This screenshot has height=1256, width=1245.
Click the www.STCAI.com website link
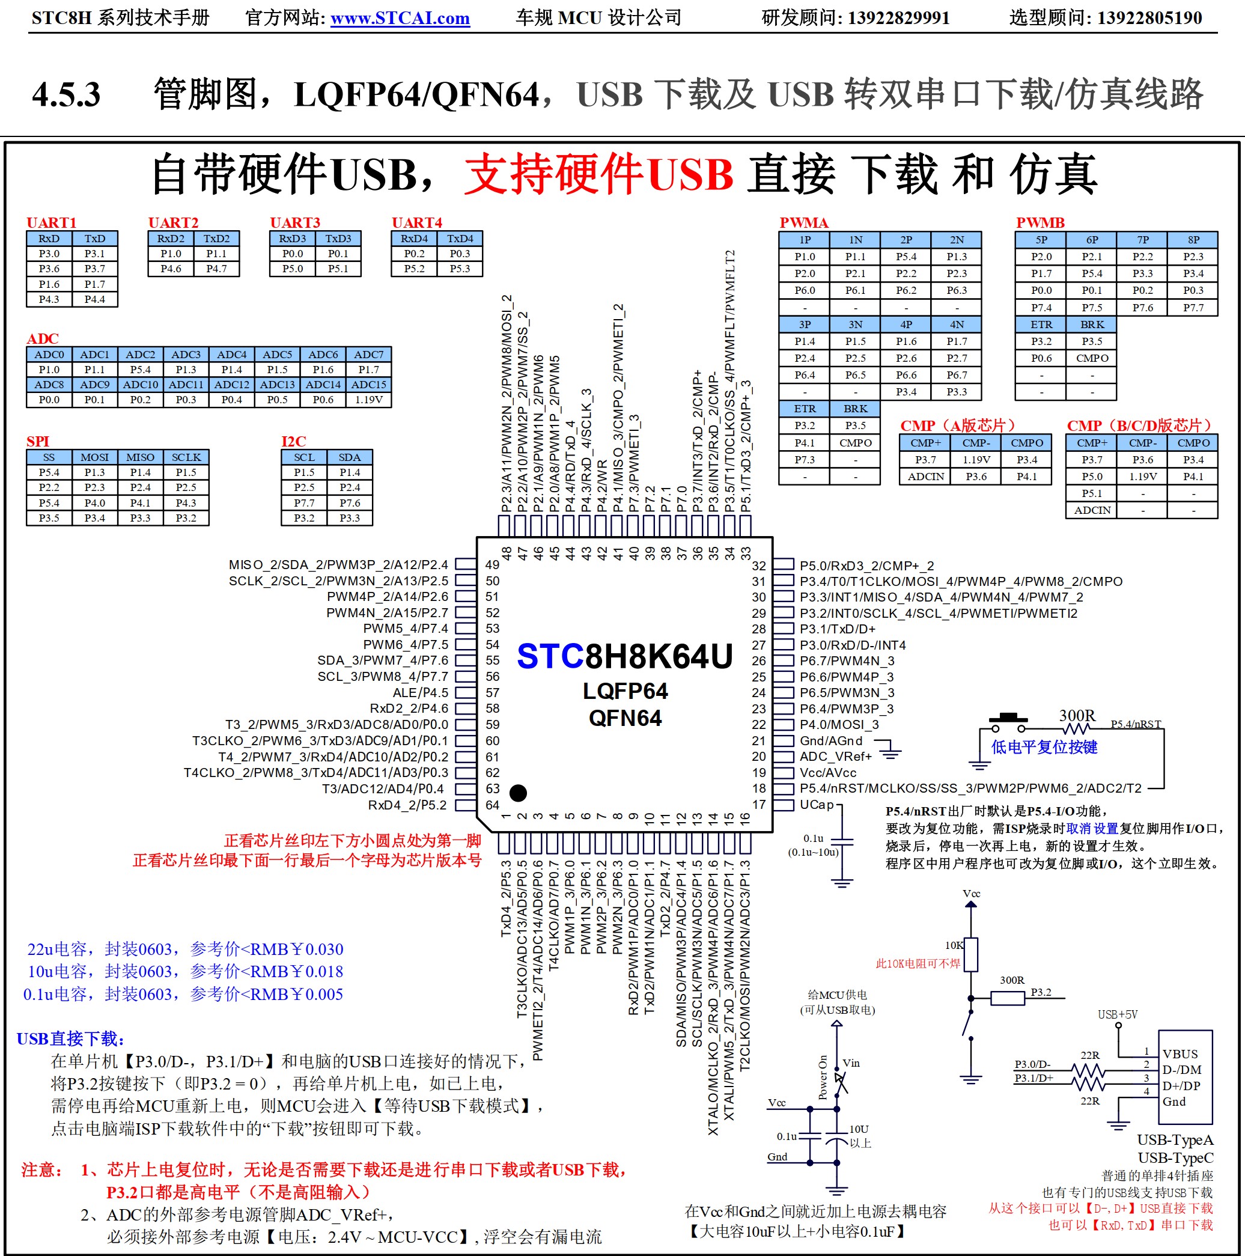click(x=400, y=18)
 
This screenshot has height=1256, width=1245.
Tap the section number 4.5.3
click(x=65, y=94)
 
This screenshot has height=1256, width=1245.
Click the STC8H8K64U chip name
click(x=624, y=656)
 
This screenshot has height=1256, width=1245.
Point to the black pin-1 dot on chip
click(x=518, y=793)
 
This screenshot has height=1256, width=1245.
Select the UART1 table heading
click(x=51, y=222)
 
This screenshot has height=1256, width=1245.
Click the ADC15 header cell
click(x=368, y=385)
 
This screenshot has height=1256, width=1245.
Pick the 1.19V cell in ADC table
click(x=368, y=400)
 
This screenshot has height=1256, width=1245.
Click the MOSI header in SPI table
click(x=95, y=457)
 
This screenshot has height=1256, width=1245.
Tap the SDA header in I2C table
click(x=349, y=457)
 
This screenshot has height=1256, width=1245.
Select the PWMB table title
click(x=1040, y=222)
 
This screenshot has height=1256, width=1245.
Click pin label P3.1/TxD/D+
click(x=838, y=629)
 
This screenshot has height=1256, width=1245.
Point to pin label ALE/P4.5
click(x=420, y=692)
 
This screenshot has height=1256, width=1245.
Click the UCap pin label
click(x=817, y=805)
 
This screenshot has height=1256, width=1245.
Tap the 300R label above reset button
click(x=1077, y=716)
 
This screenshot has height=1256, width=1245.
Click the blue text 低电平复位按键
click(x=1044, y=747)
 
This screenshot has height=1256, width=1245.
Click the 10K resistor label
click(x=954, y=945)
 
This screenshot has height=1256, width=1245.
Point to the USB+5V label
click(x=1118, y=1014)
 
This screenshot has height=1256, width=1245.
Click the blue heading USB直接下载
click(x=70, y=1039)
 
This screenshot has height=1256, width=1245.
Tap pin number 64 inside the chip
click(x=493, y=805)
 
